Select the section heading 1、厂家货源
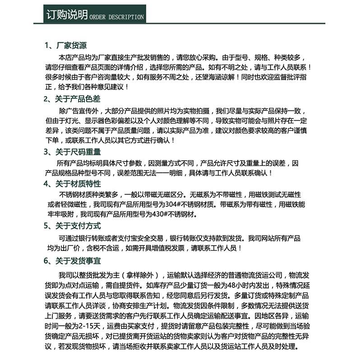pos(65,46)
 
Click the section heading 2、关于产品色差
pos(72,98)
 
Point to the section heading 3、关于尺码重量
pos(72,152)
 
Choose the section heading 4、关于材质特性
pos(72,184)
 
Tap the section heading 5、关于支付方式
pos(72,226)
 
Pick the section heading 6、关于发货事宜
pos(72,261)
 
